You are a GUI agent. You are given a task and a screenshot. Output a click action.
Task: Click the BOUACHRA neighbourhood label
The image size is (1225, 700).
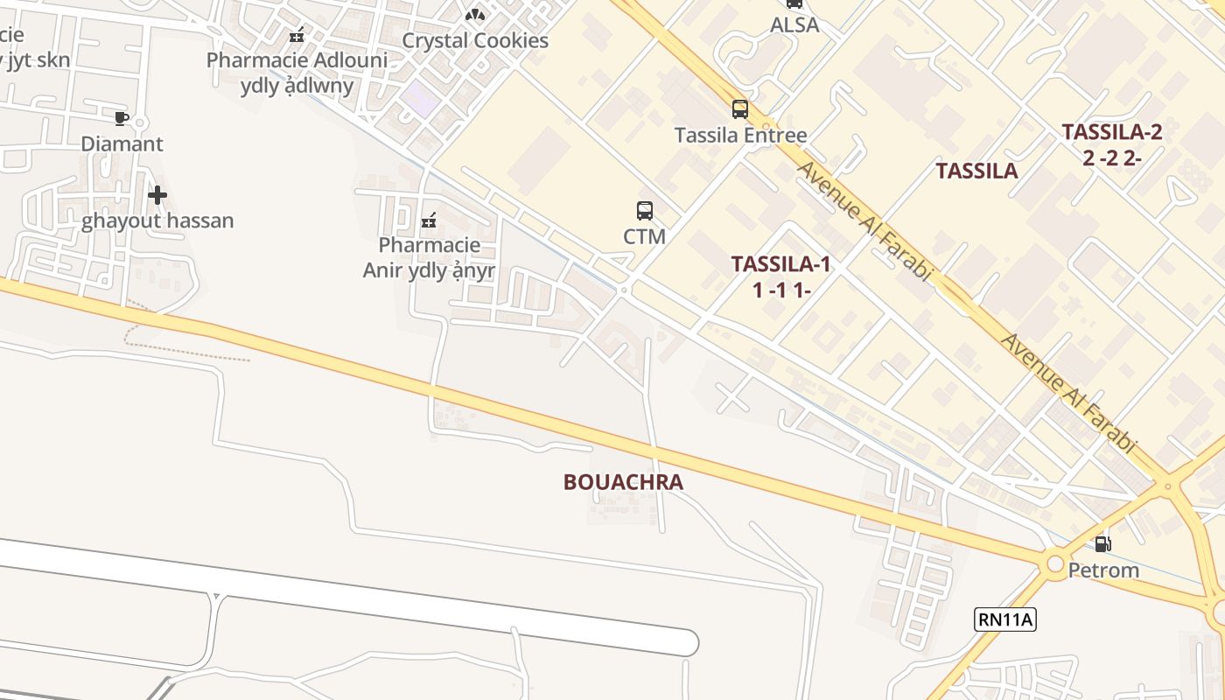click(623, 482)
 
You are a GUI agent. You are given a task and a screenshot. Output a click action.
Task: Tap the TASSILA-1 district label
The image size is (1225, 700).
click(780, 276)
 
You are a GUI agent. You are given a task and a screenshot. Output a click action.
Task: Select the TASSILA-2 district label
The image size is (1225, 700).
click(1111, 144)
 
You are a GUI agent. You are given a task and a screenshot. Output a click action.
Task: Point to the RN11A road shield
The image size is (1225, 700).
click(1005, 620)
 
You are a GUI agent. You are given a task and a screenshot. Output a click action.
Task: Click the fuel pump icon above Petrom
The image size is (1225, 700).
click(1103, 544)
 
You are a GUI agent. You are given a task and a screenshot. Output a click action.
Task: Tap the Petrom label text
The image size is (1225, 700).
click(1103, 570)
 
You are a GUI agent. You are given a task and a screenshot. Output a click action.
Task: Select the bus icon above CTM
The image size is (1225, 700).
click(645, 211)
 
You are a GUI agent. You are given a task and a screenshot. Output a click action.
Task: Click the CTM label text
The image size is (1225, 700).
click(645, 236)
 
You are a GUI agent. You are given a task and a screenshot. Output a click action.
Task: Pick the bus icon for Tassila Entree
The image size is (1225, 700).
click(740, 109)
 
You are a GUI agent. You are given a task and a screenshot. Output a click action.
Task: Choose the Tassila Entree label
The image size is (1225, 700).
click(740, 136)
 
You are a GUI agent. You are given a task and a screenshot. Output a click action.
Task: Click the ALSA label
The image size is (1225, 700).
click(794, 25)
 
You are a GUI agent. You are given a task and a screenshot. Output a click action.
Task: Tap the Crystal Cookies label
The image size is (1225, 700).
click(475, 41)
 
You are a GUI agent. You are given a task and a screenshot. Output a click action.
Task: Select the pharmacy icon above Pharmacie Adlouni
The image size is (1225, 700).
click(297, 36)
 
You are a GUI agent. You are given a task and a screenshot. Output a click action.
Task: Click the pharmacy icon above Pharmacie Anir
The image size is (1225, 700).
click(429, 220)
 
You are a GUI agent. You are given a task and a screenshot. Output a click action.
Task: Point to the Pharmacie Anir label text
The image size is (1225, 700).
click(429, 258)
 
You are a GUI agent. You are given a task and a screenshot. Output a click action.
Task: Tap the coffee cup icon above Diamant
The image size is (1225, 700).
click(122, 118)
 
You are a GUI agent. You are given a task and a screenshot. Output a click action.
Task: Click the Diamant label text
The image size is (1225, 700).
click(122, 143)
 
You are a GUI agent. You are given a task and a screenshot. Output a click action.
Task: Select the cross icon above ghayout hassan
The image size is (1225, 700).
click(157, 195)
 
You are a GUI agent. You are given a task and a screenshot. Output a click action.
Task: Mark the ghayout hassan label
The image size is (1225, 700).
click(157, 220)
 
